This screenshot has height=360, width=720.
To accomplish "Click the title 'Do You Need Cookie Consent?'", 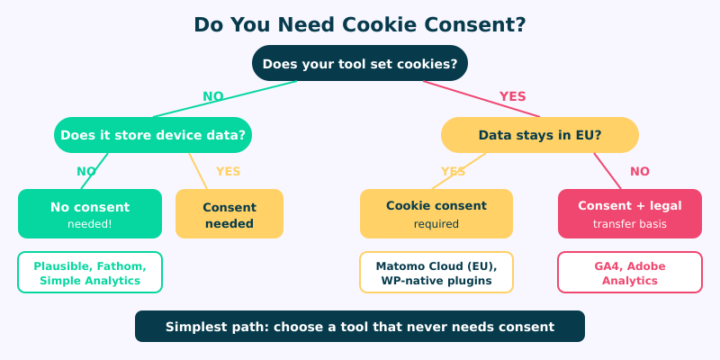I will [360, 24].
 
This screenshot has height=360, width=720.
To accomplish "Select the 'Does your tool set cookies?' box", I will [360, 64].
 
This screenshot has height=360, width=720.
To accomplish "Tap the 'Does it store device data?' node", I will [153, 135].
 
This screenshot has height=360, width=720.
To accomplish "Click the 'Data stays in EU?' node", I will [540, 135].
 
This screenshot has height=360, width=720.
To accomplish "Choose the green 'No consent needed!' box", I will [90, 213].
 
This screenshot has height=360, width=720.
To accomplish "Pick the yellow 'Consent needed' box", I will [229, 214].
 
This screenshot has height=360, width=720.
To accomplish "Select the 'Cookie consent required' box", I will [436, 213].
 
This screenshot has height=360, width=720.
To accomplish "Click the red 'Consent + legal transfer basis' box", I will [630, 213].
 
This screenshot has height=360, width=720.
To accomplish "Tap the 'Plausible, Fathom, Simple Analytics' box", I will [90, 273].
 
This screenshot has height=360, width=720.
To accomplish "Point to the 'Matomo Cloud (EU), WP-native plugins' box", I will [436, 273].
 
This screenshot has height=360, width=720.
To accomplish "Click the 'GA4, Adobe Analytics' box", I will [630, 273].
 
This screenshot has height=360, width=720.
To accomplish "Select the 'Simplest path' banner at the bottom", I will [360, 326].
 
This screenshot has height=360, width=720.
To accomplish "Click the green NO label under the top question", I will [213, 96].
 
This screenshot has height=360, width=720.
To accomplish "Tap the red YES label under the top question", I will [512, 96].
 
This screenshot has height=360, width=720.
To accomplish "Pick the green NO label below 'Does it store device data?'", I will [86, 171].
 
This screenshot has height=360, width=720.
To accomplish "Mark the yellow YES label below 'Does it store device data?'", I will [229, 171].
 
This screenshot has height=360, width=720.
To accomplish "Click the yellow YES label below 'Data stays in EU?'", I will [453, 171].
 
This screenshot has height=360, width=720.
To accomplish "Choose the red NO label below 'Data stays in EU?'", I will [640, 171].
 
